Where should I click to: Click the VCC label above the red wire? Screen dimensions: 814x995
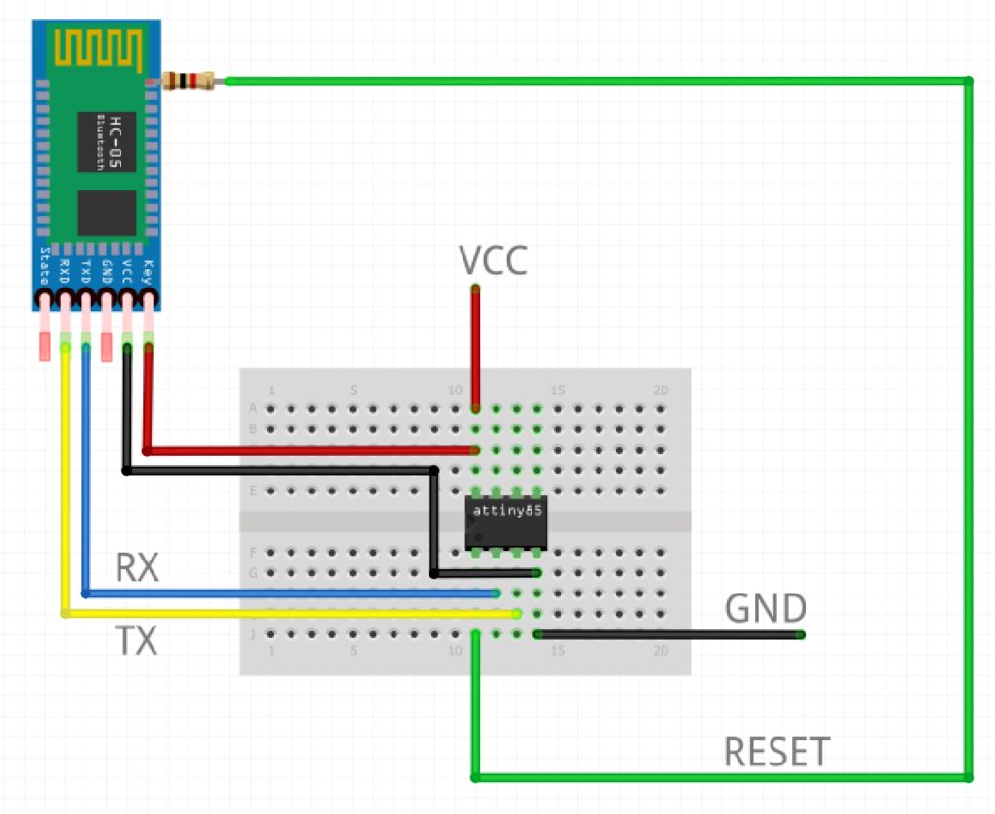pyautogui.click(x=493, y=260)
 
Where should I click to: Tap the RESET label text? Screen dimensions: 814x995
pyautogui.click(x=776, y=752)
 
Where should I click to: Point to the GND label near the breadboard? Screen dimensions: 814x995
pyautogui.click(x=766, y=609)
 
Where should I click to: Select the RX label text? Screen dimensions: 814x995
pyautogui.click(x=136, y=568)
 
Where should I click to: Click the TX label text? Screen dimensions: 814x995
pyautogui.click(x=136, y=641)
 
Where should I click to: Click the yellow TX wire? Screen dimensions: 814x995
pyautogui.click(x=292, y=614)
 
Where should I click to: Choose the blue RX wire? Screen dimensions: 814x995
pyautogui.click(x=292, y=593)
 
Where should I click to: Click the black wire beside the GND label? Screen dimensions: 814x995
pyautogui.click(x=670, y=635)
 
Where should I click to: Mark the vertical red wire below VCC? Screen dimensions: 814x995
pyautogui.click(x=476, y=350)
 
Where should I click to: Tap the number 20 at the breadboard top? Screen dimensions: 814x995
pyautogui.click(x=661, y=390)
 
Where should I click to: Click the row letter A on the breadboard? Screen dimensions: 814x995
pyautogui.click(x=254, y=408)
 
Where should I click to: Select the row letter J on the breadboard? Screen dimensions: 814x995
pyautogui.click(x=254, y=635)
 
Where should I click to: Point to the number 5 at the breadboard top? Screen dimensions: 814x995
pyautogui.click(x=354, y=390)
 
